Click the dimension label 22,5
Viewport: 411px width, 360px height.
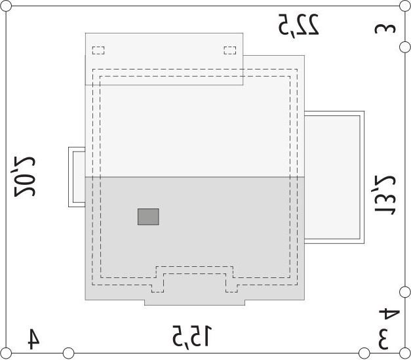(x=298, y=24)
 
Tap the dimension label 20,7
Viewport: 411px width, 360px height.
(x=24, y=177)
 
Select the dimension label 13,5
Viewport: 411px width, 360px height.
(x=385, y=194)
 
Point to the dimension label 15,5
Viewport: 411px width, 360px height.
(x=192, y=336)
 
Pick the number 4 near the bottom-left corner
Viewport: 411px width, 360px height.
(x=34, y=339)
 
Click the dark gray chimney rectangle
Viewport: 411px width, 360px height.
(x=148, y=216)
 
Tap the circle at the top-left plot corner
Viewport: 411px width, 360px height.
(x=6, y=6)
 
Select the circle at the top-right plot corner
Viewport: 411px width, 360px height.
(x=405, y=6)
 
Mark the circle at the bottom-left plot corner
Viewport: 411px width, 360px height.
(x=6, y=353)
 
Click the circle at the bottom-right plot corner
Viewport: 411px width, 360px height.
(x=405, y=353)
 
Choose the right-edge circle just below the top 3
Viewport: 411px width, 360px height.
(x=405, y=47)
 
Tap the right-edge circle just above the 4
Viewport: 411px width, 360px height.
(x=405, y=292)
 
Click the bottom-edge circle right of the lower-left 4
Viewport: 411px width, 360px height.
(x=68, y=353)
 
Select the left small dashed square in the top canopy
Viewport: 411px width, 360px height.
(x=98, y=50)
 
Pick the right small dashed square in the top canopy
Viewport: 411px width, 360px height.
(x=230, y=50)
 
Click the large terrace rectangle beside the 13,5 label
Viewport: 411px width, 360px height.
(x=334, y=178)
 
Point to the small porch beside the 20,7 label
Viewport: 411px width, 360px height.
(x=77, y=177)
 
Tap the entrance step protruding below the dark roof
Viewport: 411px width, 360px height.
(x=195, y=302)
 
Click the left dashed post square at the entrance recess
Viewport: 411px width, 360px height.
(x=157, y=288)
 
